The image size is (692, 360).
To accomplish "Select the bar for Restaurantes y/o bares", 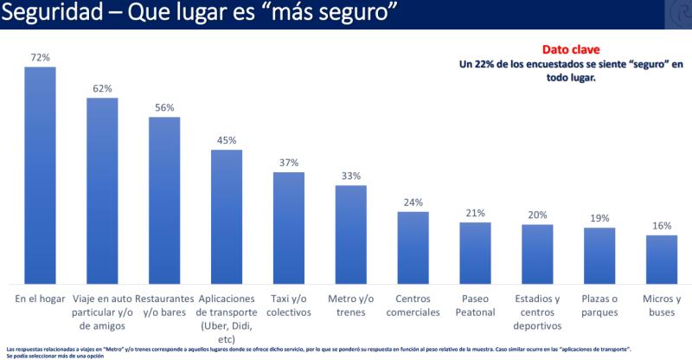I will [x=164, y=200].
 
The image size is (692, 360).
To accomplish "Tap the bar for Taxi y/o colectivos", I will [x=289, y=228].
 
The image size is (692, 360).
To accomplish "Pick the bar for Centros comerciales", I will [x=413, y=247].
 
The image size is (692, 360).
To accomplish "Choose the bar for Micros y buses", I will [x=662, y=259].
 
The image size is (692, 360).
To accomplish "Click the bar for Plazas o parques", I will [x=599, y=255].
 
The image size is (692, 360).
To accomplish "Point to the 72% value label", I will [x=40, y=57].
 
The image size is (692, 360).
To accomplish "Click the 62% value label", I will [x=102, y=88].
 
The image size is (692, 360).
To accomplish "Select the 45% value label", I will [x=227, y=139].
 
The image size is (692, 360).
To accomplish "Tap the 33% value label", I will [x=351, y=176].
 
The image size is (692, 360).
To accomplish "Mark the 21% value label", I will [x=475, y=213].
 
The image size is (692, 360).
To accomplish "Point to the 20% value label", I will [x=537, y=215].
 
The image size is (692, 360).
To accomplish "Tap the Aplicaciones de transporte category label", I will [x=227, y=312].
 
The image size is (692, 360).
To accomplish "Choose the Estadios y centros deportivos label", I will [x=537, y=312].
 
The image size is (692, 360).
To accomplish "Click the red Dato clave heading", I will [x=566, y=50].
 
